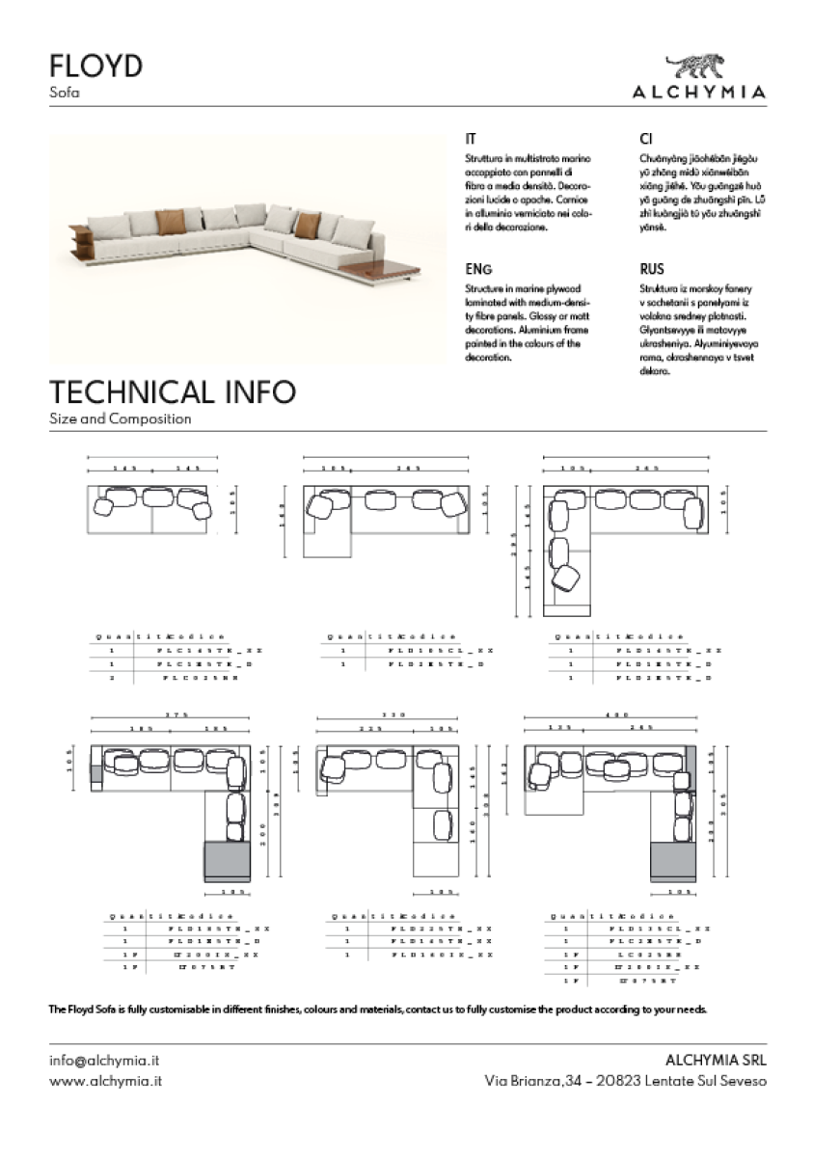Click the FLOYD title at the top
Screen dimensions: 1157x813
pos(95,66)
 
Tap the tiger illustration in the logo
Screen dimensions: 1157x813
pos(699,67)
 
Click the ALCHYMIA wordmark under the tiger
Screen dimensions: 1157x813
pos(699,93)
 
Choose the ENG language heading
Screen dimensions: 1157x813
pos(478,270)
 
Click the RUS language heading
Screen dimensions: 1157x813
pos(652,270)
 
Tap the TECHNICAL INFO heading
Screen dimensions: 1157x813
pos(172,392)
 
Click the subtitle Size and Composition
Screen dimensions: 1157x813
pos(120,419)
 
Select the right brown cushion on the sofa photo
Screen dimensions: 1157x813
pos(308,226)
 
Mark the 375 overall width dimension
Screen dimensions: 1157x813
pos(175,714)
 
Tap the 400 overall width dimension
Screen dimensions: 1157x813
pos(610,714)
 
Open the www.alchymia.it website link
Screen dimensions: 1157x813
pos(105,1082)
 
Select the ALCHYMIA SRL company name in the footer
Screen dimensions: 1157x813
pos(717,1060)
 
